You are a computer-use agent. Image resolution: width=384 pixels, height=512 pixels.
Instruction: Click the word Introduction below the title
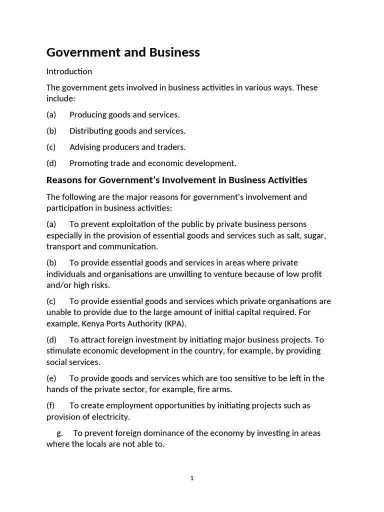coord(69,71)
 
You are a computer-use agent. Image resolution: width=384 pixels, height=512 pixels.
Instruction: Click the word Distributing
coord(90,131)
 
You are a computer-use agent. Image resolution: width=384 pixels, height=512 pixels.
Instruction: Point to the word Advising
coord(85,147)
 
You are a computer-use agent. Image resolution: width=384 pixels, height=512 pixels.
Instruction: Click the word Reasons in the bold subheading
coord(64,180)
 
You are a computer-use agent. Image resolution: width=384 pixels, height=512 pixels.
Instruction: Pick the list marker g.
coord(59,433)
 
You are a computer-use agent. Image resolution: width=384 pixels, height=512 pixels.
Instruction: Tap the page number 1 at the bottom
coord(192,478)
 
